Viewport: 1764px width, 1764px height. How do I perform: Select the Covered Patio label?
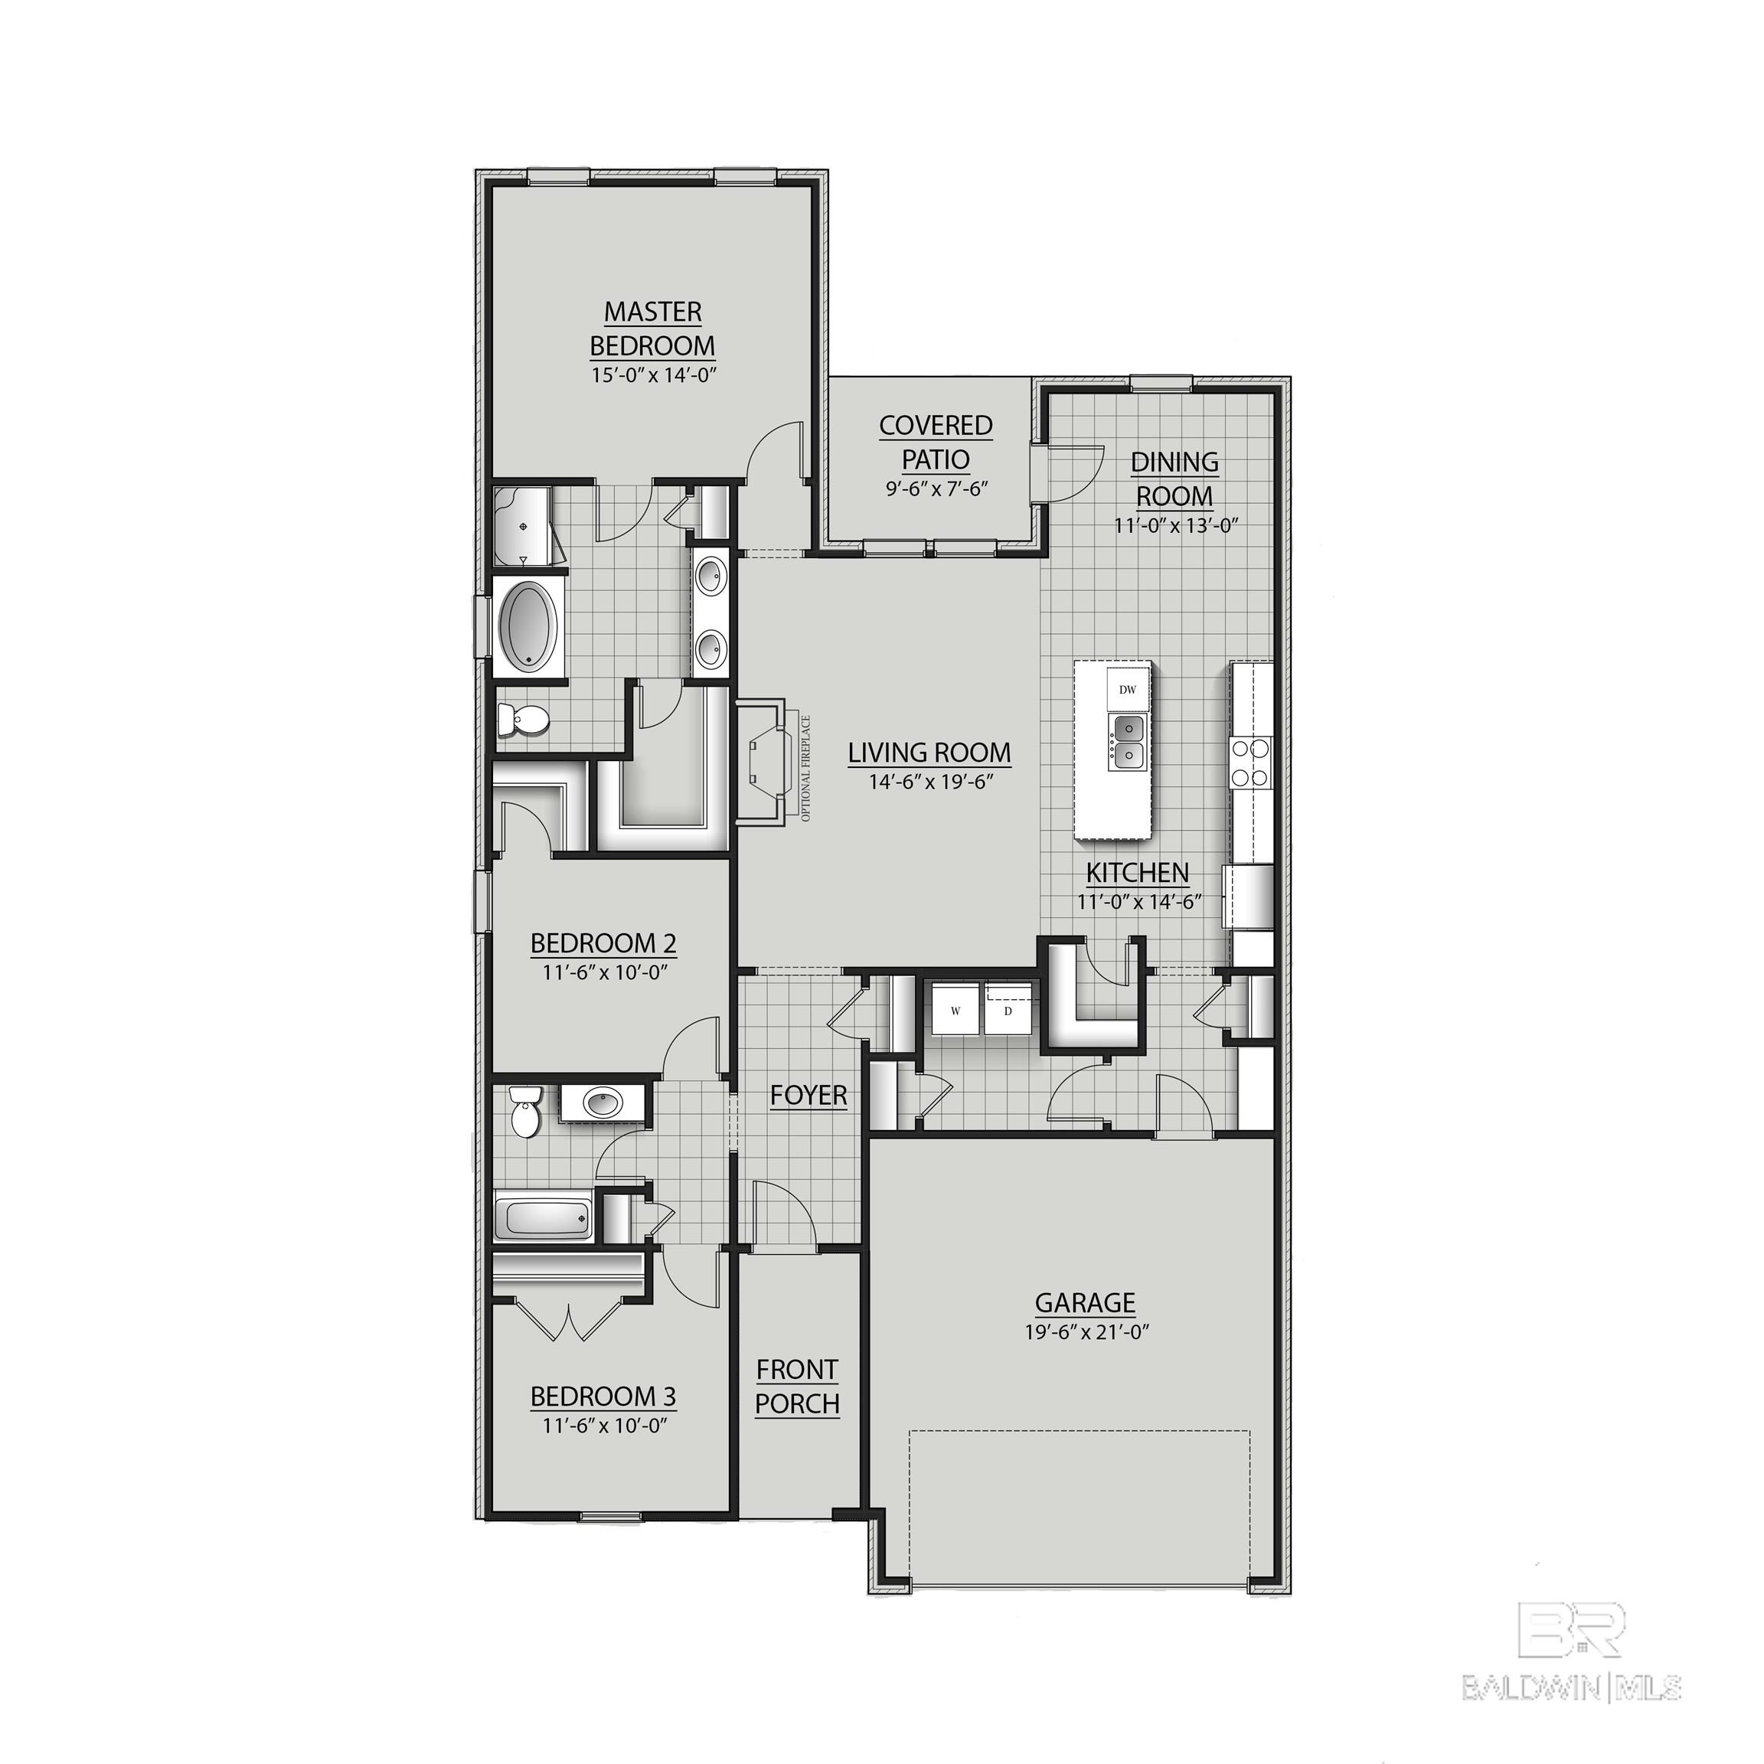[936, 442]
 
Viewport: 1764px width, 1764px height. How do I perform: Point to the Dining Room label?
[1174, 479]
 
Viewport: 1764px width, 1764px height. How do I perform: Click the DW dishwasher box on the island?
[1128, 689]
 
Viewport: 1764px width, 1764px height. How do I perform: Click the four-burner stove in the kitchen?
[1250, 763]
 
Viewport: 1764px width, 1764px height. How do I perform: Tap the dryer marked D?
[1008, 1011]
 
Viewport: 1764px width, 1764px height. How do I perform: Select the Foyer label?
[808, 1095]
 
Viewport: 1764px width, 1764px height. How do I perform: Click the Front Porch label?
[797, 1386]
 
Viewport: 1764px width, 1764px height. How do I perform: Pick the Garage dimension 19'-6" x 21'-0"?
[1086, 1332]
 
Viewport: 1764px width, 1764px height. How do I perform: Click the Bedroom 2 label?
[603, 942]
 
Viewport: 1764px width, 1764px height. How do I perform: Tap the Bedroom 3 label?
[603, 1396]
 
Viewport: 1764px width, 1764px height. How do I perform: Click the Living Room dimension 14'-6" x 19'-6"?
[929, 782]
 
